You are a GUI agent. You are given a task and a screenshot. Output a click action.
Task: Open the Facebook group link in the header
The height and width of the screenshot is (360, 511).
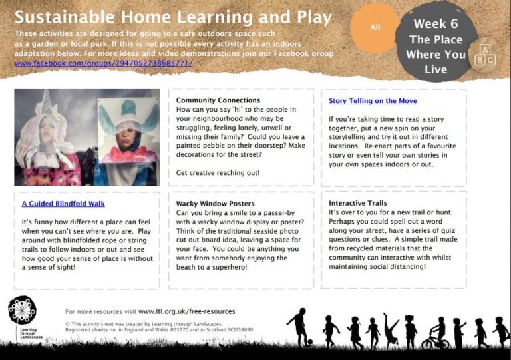[x=103, y=63]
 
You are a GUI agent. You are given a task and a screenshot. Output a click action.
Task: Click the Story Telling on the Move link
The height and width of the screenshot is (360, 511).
[x=373, y=101]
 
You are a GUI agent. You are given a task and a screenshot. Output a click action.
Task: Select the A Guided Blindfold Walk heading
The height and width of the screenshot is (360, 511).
[x=63, y=204]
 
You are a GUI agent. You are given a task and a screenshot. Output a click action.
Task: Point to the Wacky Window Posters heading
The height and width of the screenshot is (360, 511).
[x=216, y=204]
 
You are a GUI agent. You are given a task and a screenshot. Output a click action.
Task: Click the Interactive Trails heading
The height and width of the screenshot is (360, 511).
[x=358, y=203]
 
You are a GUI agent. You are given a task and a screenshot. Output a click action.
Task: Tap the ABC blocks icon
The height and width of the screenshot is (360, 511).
[x=485, y=55]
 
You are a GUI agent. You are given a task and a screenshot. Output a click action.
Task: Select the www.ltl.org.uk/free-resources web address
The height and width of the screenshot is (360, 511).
[x=186, y=311]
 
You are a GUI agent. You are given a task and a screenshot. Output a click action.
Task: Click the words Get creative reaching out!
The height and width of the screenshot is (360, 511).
[x=218, y=172]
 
